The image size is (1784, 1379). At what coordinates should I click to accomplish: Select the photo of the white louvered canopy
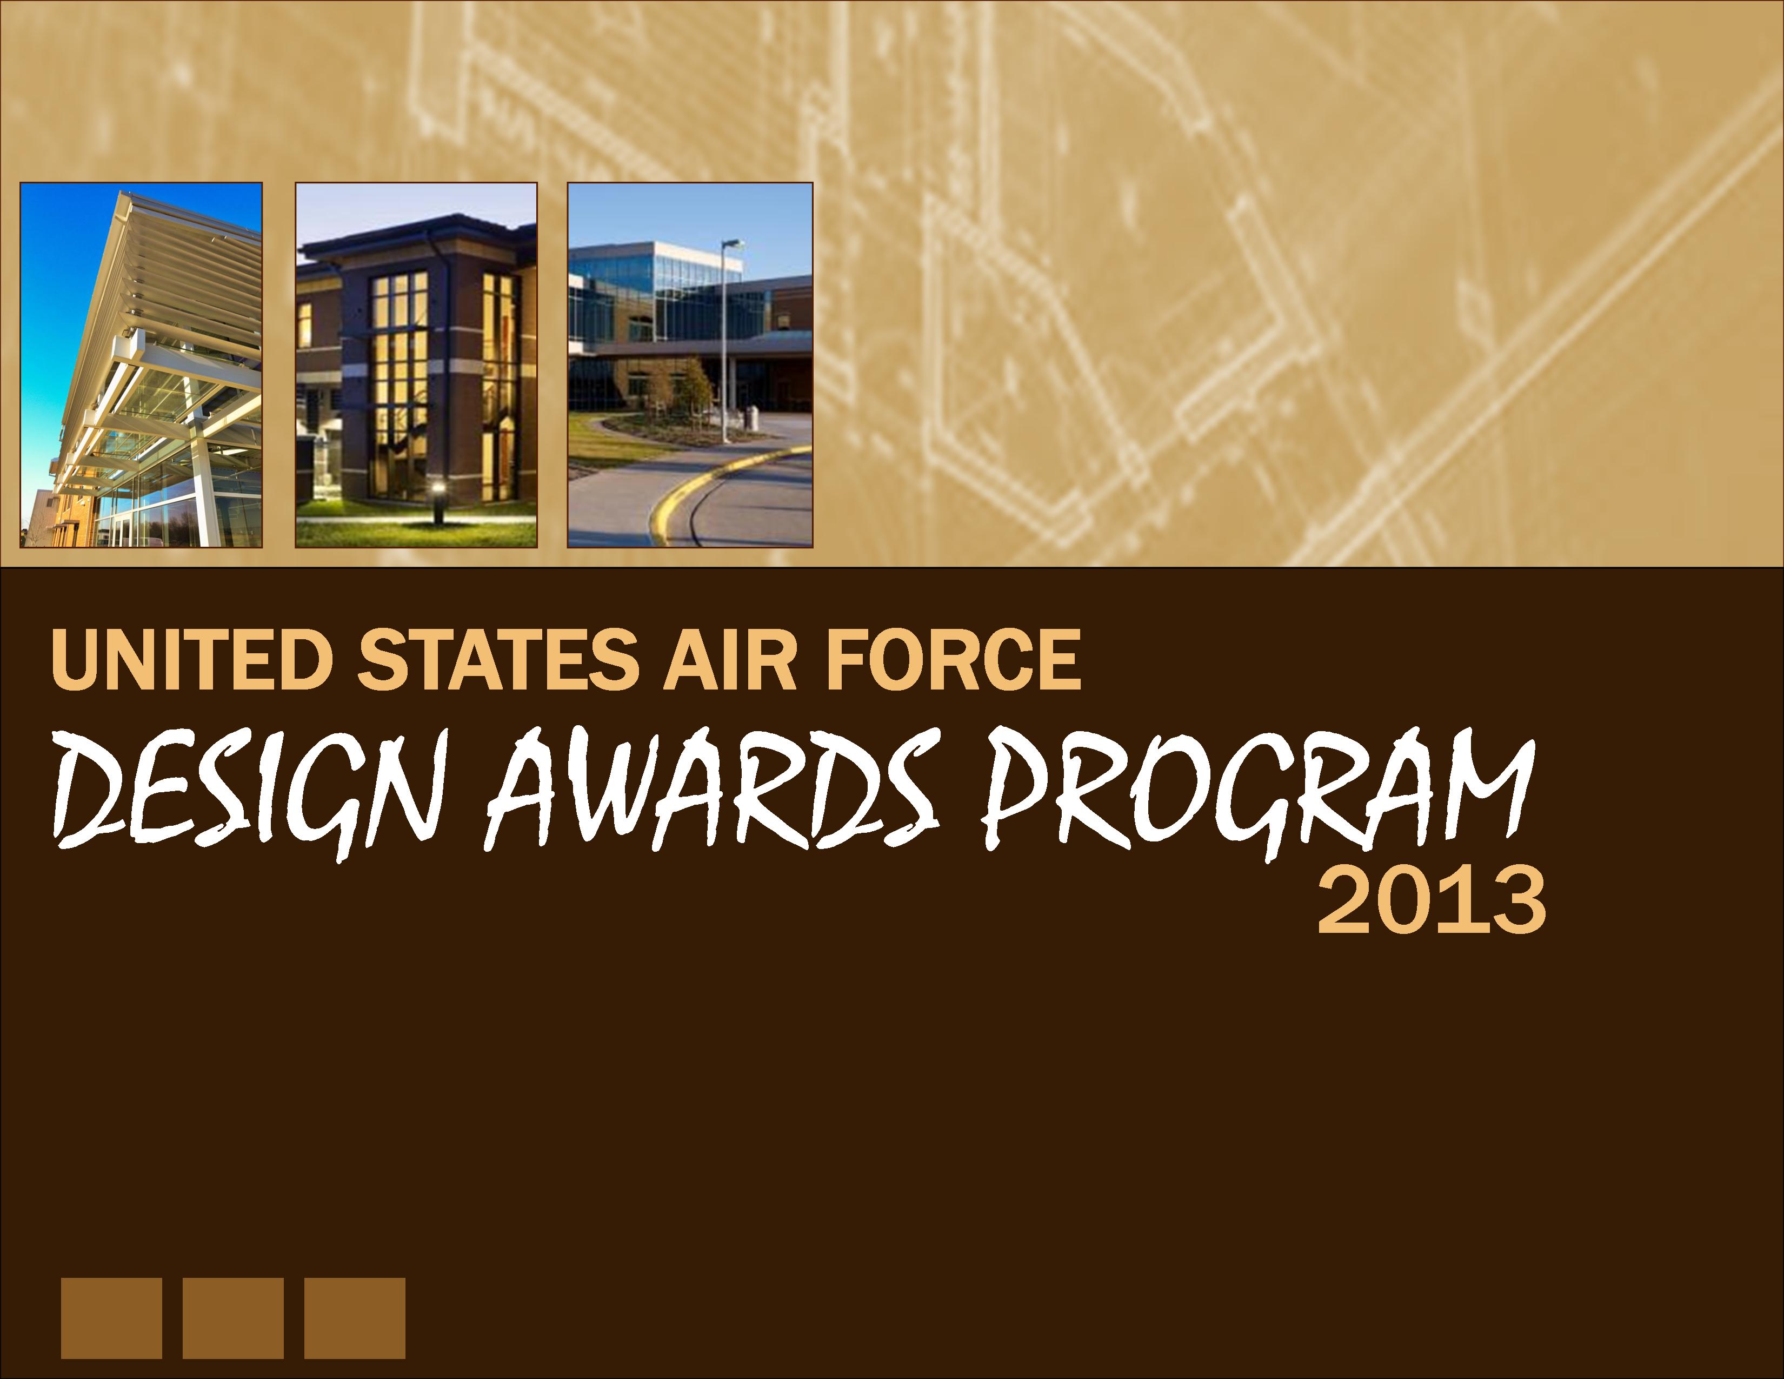(141, 364)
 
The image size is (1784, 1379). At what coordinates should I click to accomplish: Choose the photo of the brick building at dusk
(416, 364)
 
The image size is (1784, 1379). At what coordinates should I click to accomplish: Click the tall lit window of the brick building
(400, 384)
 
